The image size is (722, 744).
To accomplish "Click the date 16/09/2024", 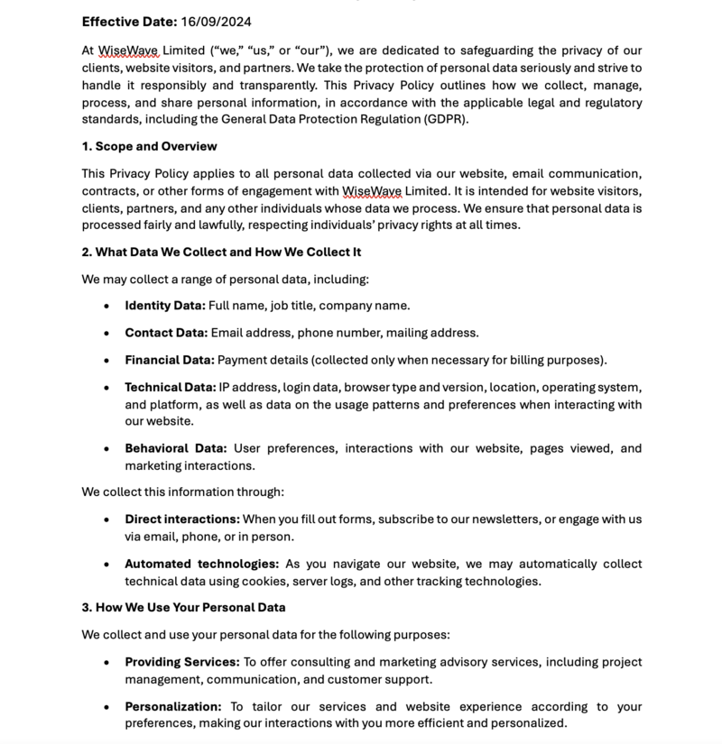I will [216, 21].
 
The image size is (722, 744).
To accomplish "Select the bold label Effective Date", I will [129, 21].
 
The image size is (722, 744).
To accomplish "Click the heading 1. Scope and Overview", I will [149, 146].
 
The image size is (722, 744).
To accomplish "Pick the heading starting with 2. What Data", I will [221, 252].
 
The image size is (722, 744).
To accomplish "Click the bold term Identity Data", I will [165, 306].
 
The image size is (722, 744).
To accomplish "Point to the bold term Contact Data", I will [166, 333].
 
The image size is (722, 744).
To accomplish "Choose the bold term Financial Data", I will [170, 360].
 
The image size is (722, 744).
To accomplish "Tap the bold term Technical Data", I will [171, 387].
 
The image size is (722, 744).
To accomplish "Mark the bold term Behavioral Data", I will [175, 448].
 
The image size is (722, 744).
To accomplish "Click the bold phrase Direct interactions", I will [182, 519].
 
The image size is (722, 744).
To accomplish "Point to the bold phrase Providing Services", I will [182, 662].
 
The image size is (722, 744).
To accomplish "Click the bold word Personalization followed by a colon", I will [172, 706].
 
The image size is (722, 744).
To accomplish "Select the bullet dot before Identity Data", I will [106, 307].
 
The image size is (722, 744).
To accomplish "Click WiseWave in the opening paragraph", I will [129, 51].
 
